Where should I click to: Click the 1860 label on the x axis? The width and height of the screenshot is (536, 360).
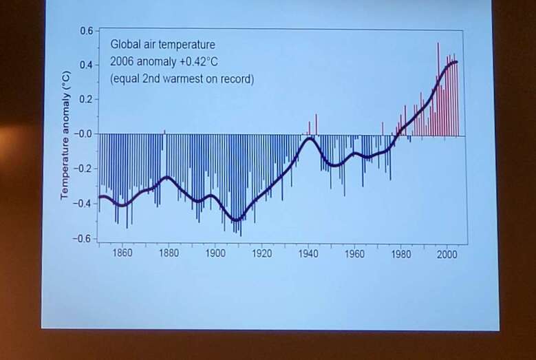point(122,253)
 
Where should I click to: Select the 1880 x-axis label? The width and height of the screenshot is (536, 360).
point(169,253)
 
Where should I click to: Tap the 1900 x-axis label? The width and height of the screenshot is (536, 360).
point(215,253)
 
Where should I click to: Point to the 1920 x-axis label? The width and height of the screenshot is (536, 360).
point(261,253)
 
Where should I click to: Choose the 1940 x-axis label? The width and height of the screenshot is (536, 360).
point(308,253)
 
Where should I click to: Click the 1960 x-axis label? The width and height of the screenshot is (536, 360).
point(354,253)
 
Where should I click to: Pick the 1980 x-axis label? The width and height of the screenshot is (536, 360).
point(400,253)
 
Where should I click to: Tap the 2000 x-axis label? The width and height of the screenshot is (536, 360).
point(447,253)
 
